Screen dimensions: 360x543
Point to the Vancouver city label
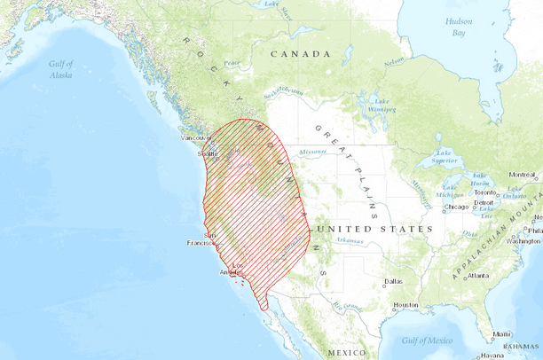194,138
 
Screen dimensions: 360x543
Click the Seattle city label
209,153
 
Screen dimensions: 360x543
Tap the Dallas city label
394,281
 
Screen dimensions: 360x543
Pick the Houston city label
406,305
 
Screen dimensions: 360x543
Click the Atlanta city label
479,276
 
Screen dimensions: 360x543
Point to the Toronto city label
485,192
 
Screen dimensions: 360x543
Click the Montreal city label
522,175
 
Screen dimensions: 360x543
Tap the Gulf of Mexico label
427,340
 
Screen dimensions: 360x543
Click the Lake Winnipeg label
382,105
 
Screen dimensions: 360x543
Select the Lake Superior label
444,156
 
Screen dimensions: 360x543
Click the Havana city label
493,356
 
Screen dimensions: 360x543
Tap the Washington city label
523,240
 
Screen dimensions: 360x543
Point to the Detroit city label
484,203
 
